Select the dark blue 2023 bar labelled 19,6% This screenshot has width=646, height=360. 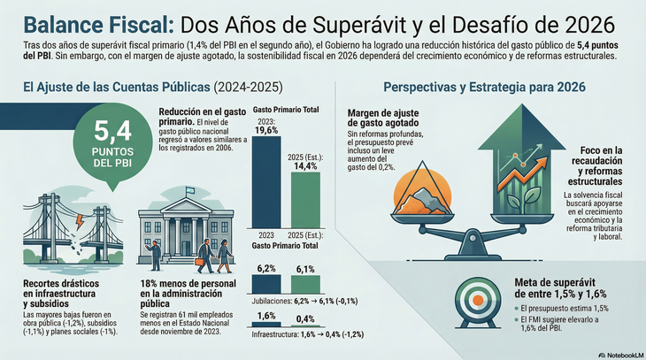265,181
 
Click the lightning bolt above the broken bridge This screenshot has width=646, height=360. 79,216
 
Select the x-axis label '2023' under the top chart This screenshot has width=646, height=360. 265,234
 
